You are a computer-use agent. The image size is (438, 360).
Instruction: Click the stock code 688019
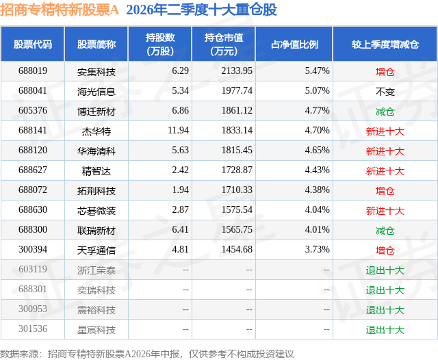coord(33,71)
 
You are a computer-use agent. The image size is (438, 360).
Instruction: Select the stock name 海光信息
coord(96,92)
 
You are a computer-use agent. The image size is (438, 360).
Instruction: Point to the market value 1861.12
coord(237,111)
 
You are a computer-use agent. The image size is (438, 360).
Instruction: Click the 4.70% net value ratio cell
coord(317,131)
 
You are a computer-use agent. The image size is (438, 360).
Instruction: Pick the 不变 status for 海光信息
coord(385,92)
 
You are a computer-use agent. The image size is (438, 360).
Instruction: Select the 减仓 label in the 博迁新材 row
coord(385,112)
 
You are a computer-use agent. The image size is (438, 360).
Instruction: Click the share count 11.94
coord(178,131)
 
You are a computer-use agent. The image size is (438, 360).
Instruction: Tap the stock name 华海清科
coord(96,151)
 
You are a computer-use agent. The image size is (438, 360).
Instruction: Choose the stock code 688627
coord(33,170)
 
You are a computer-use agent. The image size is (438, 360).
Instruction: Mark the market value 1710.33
coord(237,190)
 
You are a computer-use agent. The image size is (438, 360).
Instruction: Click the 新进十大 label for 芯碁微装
coord(385,211)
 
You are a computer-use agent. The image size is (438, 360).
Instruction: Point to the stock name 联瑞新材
coord(96,231)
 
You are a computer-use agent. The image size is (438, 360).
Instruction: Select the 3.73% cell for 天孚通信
coord(317,249)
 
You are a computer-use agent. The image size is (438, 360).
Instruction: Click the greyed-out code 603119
coord(33,269)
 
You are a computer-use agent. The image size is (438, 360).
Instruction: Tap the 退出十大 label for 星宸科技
coord(385,330)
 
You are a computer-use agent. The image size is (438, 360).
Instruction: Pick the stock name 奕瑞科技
coord(96,290)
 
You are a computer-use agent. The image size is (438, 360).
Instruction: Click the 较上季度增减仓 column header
coord(385,44)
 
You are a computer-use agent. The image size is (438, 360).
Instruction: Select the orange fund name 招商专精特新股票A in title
coord(60,10)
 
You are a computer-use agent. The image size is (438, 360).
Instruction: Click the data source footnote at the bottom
coord(147,354)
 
